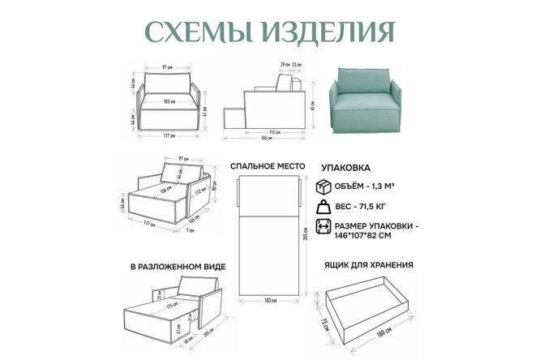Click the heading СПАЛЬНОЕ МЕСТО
click(268, 165)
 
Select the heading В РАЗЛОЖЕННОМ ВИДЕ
click(177, 266)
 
